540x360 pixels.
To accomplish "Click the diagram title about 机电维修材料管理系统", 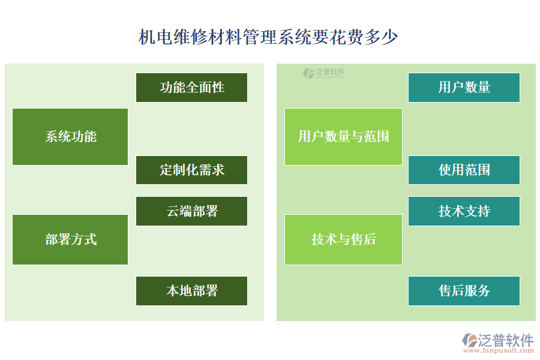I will [268, 37].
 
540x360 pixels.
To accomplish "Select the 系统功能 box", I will [70, 137].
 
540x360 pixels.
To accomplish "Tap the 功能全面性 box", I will [191, 88].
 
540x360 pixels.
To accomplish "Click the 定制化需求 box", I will [191, 170].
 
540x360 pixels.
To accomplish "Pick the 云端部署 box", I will [191, 211].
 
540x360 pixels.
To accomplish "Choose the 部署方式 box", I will [70, 240].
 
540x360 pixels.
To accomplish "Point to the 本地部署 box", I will [191, 291].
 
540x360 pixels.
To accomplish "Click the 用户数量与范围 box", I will [343, 137].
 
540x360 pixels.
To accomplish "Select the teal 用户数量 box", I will [464, 88].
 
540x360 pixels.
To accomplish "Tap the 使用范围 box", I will [464, 170].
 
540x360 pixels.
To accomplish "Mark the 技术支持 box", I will [464, 211].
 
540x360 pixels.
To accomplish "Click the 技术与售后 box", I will [343, 240].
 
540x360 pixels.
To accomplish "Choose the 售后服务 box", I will [464, 291].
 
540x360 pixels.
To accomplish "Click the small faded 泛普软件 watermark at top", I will [324, 73].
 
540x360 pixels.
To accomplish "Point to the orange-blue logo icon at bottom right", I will [469, 340].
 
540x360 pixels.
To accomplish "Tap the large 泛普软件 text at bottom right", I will [505, 340].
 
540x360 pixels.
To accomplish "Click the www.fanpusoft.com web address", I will [503, 353].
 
